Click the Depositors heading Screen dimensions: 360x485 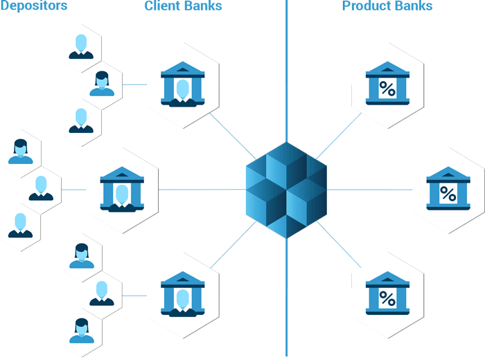point(33,6)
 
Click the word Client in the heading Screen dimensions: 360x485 point(161,6)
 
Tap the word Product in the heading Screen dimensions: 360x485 point(365,6)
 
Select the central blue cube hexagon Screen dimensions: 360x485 point(286,190)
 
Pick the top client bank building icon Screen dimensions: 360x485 point(183,84)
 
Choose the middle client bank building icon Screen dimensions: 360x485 point(122,189)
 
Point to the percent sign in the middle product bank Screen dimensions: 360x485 point(448,195)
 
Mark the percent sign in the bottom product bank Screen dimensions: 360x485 point(387,299)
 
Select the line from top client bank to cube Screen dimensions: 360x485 point(232,136)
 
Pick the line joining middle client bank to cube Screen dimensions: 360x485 point(201,190)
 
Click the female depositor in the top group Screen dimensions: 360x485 point(102,84)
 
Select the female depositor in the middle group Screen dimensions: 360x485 point(20,152)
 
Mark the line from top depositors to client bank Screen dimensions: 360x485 point(135,84)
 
